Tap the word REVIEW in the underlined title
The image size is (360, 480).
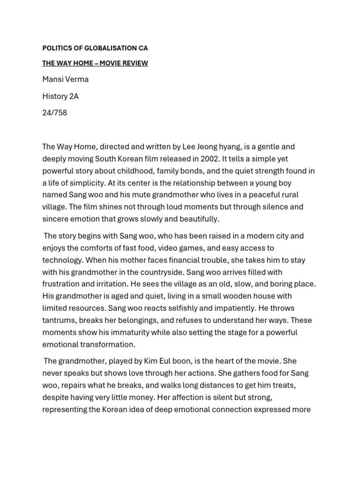tap(135, 63)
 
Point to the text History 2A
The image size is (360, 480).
tap(60, 96)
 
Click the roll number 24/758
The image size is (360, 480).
tap(54, 113)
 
